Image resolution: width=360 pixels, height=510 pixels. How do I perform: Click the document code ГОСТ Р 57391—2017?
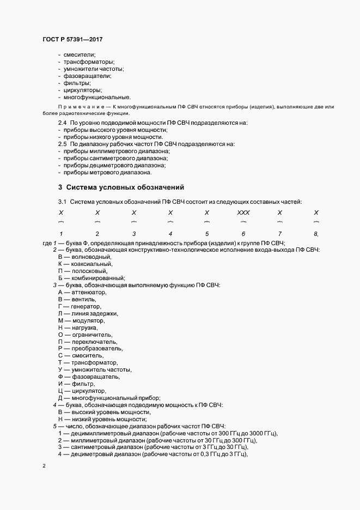coord(72,40)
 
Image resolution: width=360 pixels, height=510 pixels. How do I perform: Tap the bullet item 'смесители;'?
coord(80,54)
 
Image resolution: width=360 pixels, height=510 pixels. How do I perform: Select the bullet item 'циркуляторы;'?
coord(83,90)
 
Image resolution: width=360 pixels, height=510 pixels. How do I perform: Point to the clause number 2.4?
coord(62,123)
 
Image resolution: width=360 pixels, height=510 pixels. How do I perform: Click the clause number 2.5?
coord(62,144)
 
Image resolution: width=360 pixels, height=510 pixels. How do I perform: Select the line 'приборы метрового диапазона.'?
coord(107,172)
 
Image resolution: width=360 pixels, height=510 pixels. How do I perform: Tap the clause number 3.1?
coord(62,203)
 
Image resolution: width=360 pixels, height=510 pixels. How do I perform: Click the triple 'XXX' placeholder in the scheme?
coord(243,212)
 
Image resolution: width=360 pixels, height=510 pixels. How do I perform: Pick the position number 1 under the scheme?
coord(61,234)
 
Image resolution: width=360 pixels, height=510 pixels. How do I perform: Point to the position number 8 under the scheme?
coord(316,234)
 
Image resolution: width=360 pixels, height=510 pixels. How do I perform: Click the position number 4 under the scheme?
coord(170,234)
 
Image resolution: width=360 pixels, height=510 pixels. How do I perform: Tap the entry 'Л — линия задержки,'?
coord(88,314)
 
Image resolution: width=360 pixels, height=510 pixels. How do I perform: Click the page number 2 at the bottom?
coord(44,466)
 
